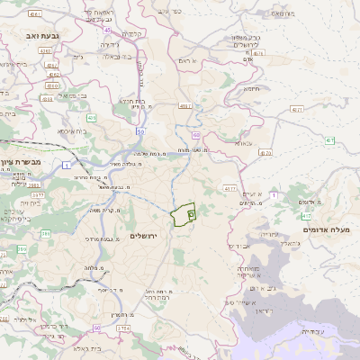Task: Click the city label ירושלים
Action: pos(144,236)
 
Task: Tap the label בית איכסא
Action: pos(72,131)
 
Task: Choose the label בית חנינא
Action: pos(132,102)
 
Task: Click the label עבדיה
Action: pos(311,331)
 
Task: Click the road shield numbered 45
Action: pos(107,30)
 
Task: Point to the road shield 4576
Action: pos(230,189)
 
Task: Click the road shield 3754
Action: pos(123,328)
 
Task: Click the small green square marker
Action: pos(192,215)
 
